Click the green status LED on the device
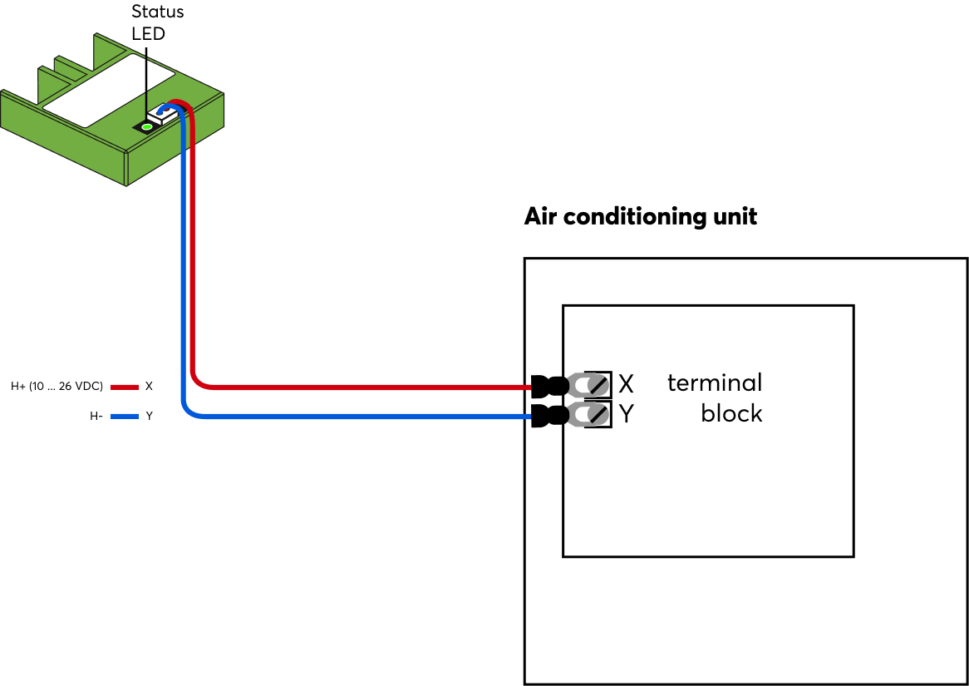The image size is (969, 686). click(x=147, y=126)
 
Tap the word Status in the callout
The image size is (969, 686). click(x=158, y=12)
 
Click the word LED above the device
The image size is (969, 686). click(x=149, y=34)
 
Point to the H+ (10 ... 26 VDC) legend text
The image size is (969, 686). click(x=57, y=387)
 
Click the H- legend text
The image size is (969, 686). click(x=96, y=416)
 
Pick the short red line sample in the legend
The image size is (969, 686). click(x=124, y=387)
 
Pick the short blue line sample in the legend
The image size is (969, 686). click(x=124, y=416)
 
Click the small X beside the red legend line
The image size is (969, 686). click(x=149, y=387)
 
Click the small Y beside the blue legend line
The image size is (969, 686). click(x=149, y=416)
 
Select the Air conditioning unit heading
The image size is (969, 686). click(x=640, y=217)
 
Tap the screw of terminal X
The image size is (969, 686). click(x=597, y=385)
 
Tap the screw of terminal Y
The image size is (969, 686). click(x=597, y=414)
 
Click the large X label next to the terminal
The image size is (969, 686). click(x=626, y=384)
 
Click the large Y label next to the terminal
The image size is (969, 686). click(x=626, y=414)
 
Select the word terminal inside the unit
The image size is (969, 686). click(x=714, y=382)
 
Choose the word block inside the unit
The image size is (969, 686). click(x=730, y=413)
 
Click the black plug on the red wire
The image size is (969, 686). click(x=548, y=386)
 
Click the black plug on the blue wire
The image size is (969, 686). click(x=548, y=415)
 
